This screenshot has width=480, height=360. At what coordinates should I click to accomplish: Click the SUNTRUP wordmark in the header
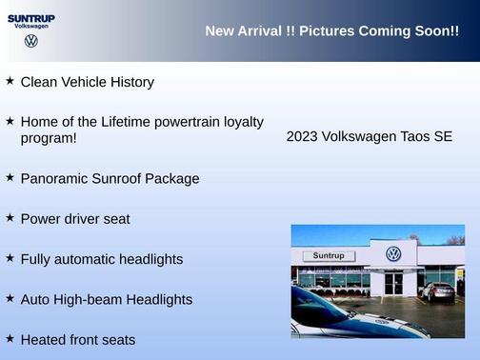point(31,17)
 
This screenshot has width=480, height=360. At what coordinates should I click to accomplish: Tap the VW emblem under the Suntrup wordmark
point(31,41)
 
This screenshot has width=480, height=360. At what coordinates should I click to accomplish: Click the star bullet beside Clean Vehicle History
point(10,81)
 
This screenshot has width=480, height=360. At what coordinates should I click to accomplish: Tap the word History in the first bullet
point(129,82)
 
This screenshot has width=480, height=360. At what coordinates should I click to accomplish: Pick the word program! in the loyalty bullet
point(49,138)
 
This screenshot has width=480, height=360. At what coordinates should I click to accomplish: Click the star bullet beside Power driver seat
point(10,217)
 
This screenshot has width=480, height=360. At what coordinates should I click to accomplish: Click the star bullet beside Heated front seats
point(10,338)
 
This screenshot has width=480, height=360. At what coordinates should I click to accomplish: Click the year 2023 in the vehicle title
point(302,136)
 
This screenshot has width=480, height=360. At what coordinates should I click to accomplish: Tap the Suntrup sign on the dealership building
point(328,256)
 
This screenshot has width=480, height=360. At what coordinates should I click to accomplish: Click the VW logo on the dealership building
point(393,254)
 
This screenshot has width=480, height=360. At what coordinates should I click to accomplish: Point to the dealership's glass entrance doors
point(394,282)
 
